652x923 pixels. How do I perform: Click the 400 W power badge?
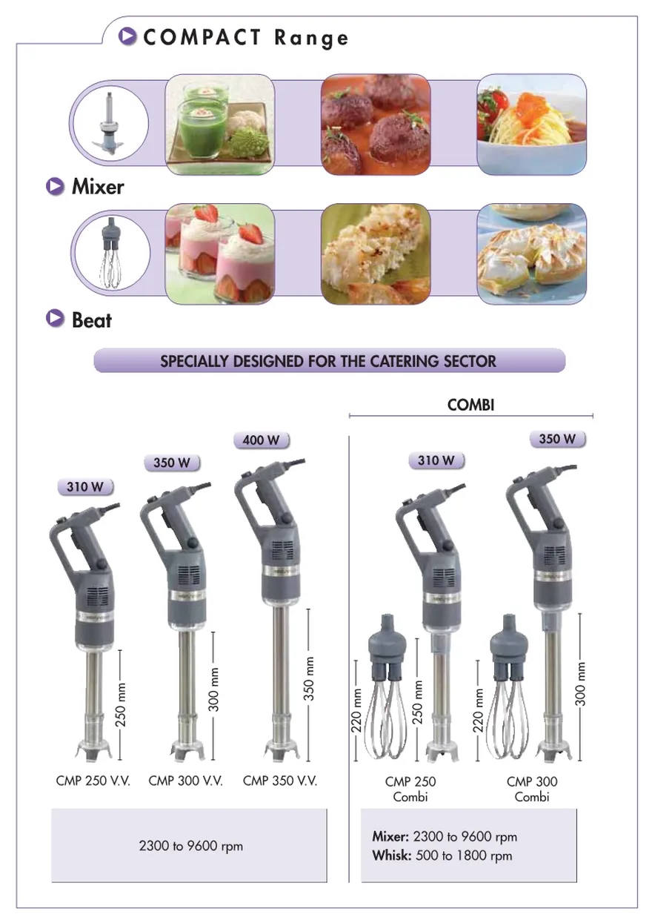tap(261, 440)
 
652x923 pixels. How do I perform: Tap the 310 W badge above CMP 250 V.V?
tap(85, 486)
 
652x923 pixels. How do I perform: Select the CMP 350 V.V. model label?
tap(280, 781)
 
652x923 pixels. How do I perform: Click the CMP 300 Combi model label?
tap(532, 789)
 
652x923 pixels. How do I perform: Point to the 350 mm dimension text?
tap(309, 678)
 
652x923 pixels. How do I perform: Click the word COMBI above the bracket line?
tap(470, 405)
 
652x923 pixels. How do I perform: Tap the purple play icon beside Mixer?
tap(55, 186)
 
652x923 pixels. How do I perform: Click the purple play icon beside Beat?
tap(55, 319)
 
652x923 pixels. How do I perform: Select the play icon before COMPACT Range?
tap(127, 36)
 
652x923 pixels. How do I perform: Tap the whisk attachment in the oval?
tap(111, 253)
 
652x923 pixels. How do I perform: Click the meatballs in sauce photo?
tap(376, 125)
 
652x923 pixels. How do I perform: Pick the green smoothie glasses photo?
tap(220, 125)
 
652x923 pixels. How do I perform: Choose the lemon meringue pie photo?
tap(532, 254)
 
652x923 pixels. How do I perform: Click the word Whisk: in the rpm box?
tap(392, 856)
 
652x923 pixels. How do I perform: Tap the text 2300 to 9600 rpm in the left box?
tap(190, 846)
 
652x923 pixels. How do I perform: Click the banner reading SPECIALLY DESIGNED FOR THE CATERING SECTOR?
tap(330, 360)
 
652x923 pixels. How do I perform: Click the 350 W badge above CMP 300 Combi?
tap(557, 438)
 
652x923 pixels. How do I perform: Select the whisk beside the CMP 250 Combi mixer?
tap(387, 686)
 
